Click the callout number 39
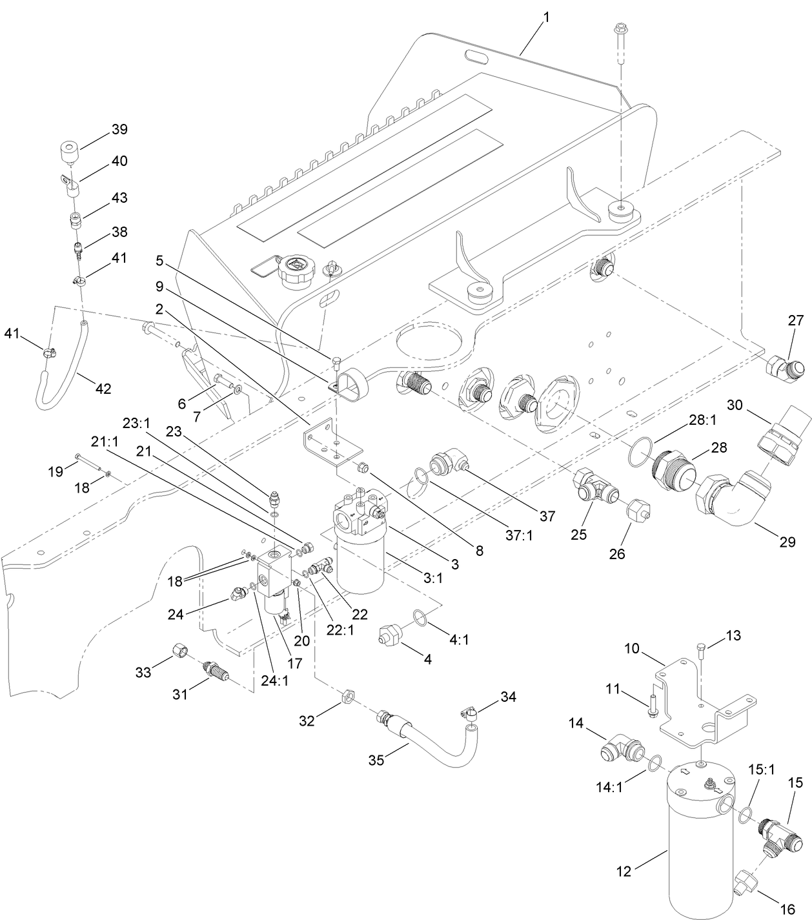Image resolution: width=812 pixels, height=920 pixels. click(x=119, y=129)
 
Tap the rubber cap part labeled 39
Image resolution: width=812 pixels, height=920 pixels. click(x=68, y=154)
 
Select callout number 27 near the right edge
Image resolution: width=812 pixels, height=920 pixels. click(x=795, y=320)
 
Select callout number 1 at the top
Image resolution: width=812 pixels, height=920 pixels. click(x=546, y=17)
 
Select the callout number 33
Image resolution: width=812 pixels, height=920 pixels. click(x=143, y=673)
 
